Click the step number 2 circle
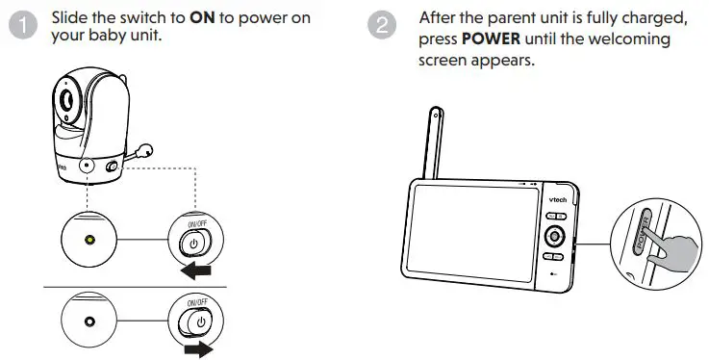(x=383, y=26)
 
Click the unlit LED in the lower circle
(x=89, y=320)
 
